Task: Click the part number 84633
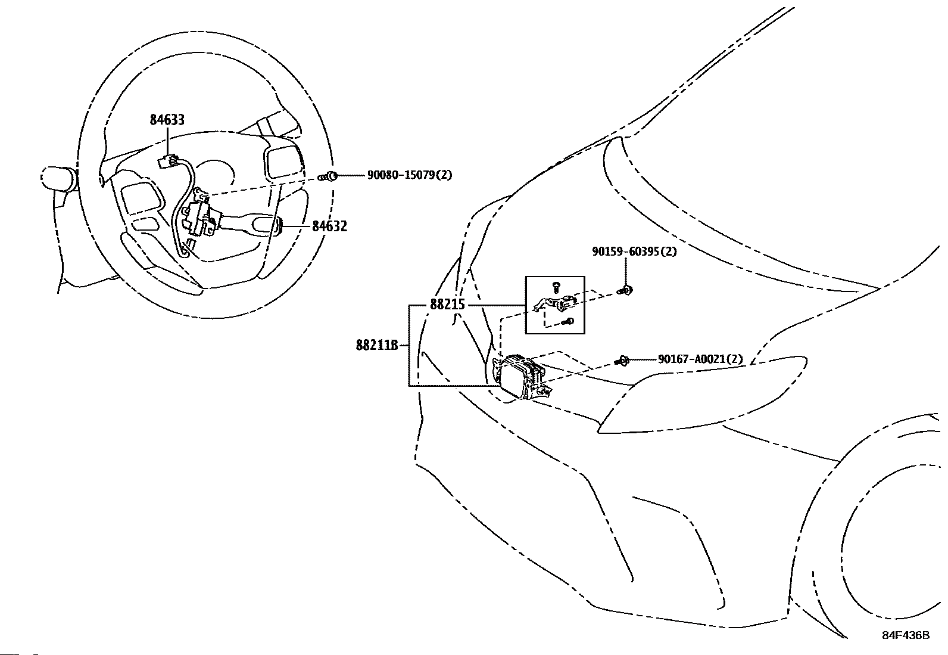pos(167,120)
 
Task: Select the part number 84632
pos(330,226)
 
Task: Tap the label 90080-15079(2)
pos(409,175)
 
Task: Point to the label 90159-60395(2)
pos(634,252)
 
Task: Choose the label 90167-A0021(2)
pos(700,359)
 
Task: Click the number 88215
pos(447,304)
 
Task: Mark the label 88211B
pos(377,345)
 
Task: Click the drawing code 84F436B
pos(906,635)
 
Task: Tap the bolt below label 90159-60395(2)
pos(625,291)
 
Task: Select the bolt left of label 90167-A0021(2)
pos(622,361)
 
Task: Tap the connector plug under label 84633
pos(167,162)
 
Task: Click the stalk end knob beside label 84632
pos(279,225)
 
